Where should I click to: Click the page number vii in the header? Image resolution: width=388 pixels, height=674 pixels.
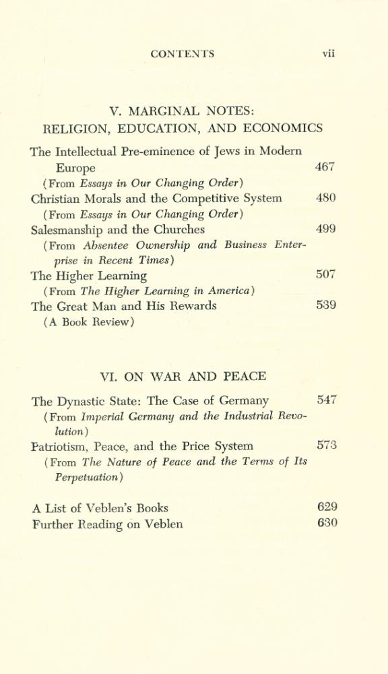[x=328, y=54]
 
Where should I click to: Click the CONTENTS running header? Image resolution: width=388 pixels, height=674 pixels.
[x=183, y=54]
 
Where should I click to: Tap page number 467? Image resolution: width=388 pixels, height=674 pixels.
[x=325, y=167]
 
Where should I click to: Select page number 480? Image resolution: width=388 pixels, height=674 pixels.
[x=325, y=198]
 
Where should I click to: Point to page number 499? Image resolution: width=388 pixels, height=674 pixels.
[x=325, y=229]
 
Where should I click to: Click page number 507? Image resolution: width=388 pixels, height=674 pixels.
[x=325, y=275]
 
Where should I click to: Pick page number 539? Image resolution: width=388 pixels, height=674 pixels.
[x=325, y=305]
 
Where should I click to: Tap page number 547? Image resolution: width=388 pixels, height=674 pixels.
[x=327, y=400]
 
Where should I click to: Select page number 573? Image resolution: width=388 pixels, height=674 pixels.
[x=327, y=446]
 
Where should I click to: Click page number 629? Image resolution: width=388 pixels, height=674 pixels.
[x=327, y=508]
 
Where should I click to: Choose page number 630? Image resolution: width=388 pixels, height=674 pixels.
[x=327, y=523]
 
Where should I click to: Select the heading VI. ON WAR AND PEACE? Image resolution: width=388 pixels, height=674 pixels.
[x=183, y=376]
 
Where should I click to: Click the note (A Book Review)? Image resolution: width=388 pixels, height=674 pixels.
[x=88, y=321]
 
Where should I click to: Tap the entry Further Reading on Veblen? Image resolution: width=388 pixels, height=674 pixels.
[x=107, y=524]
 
